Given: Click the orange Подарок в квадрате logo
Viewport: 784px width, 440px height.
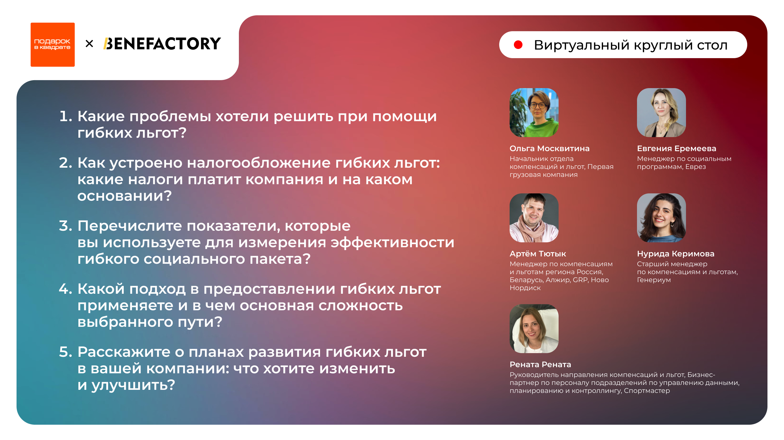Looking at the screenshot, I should point(52,45).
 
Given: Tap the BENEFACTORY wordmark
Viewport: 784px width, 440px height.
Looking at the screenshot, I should point(162,44).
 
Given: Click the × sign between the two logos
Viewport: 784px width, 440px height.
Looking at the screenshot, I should point(89,44).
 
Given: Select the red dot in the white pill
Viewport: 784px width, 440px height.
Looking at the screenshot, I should point(518,45).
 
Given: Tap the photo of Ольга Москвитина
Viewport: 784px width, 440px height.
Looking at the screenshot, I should point(534,113).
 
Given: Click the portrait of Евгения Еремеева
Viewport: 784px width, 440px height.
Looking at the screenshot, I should point(661,113).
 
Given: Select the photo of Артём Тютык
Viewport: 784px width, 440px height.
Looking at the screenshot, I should point(534,218).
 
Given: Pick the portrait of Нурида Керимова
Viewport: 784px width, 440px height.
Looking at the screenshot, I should point(661,218).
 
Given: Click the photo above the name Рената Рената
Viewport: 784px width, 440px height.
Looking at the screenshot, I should point(534,329).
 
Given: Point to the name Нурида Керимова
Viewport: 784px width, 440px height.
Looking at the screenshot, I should point(675,254).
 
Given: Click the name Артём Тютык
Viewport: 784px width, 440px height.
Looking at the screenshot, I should point(537,254).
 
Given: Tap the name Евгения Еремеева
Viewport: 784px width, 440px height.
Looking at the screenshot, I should point(676,148).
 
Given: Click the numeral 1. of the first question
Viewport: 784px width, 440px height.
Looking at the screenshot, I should point(65,116).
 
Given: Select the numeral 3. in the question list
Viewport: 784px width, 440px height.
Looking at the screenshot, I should point(65,226).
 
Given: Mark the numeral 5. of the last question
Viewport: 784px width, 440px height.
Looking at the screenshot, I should point(65,352).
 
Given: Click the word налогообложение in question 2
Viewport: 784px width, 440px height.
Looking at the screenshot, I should point(258,163).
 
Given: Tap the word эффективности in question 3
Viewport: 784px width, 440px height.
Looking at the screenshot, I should point(392,242).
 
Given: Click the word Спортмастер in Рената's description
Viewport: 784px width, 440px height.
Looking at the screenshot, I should point(646,391).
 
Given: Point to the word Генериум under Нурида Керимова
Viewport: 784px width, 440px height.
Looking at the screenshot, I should point(654,280).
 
